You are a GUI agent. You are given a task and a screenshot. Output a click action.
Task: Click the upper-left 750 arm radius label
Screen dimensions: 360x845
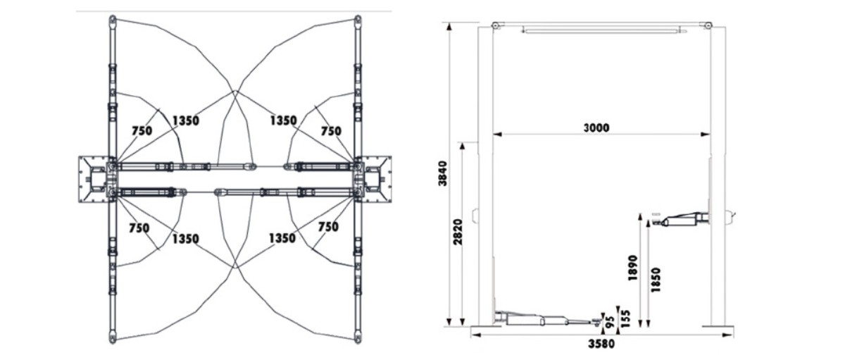tap(142, 131)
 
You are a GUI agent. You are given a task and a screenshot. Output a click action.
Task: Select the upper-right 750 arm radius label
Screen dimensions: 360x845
tap(330, 131)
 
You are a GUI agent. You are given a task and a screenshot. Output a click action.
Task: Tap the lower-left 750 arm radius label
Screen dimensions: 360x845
tap(139, 228)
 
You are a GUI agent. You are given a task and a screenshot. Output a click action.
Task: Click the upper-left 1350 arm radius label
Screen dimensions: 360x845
tap(184, 120)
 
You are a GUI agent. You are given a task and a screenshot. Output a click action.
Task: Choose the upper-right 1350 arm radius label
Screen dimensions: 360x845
tap(283, 120)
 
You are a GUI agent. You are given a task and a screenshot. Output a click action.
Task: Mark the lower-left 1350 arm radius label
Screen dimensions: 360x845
tap(185, 239)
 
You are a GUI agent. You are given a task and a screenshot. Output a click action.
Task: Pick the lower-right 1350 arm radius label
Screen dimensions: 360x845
tap(282, 239)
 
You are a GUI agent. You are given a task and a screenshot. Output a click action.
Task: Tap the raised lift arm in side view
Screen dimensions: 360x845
tap(682, 219)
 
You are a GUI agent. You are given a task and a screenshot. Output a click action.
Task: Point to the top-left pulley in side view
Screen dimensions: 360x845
tap(496, 26)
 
